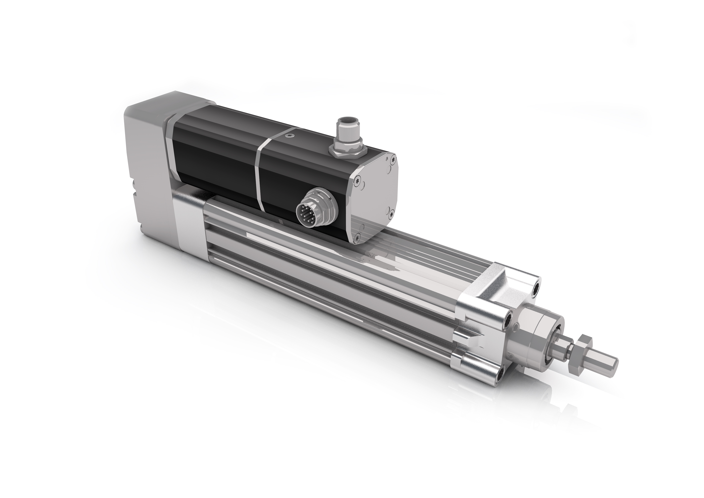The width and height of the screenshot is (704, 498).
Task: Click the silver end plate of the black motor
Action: pos(377,196)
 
